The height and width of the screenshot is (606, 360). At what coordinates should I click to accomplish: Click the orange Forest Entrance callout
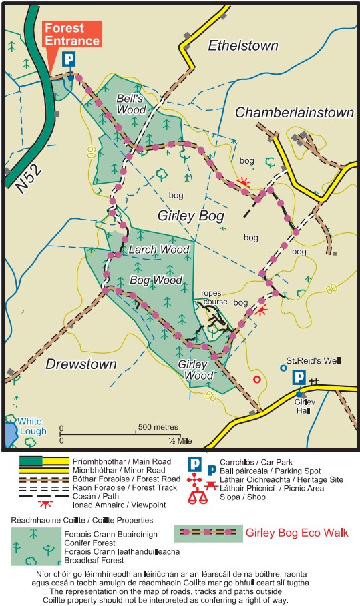(73, 34)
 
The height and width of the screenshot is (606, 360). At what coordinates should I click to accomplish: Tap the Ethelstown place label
(242, 46)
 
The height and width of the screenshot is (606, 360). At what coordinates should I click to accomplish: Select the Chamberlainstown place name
(294, 113)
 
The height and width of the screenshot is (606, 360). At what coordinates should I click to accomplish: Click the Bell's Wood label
(131, 104)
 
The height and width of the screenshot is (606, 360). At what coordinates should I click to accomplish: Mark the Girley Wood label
(196, 370)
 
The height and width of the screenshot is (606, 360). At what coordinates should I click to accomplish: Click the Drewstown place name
(81, 364)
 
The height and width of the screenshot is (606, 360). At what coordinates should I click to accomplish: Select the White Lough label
(32, 426)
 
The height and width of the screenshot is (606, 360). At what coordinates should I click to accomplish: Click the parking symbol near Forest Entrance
(69, 60)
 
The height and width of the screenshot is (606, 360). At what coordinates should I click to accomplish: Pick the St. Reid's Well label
(313, 361)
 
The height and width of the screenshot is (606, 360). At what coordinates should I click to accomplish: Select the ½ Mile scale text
(180, 442)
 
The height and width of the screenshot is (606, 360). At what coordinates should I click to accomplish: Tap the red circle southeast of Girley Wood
(257, 380)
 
